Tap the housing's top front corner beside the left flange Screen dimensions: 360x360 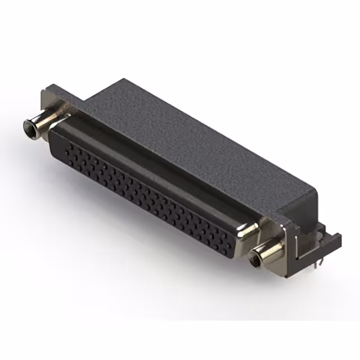82,102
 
